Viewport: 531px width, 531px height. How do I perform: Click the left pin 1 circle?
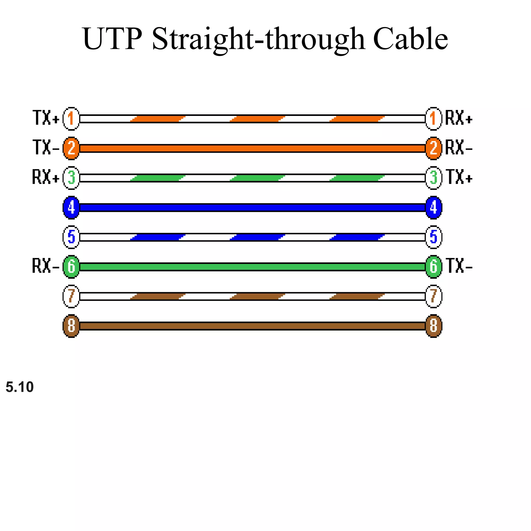(71, 119)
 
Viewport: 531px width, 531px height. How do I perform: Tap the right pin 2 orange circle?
(434, 148)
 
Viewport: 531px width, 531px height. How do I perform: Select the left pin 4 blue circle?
(71, 207)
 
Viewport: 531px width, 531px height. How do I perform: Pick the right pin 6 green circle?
(434, 267)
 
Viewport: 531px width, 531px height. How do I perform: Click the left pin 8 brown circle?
(71, 326)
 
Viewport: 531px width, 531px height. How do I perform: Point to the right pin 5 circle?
(434, 237)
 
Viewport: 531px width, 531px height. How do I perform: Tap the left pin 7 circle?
(71, 296)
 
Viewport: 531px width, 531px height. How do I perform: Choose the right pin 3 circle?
(434, 178)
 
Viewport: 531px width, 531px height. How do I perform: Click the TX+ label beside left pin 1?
(46, 118)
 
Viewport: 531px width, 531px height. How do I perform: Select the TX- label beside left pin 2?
(46, 148)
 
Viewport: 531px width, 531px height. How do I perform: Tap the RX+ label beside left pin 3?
(46, 177)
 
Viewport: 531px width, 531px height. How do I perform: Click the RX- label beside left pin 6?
(46, 266)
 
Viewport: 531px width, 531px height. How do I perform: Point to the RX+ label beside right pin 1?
(459, 118)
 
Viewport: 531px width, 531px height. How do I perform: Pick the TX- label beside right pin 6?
(459, 266)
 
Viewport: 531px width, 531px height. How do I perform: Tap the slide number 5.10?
(19, 387)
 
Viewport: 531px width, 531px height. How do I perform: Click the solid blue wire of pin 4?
(252, 207)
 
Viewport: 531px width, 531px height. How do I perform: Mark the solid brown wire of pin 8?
(252, 326)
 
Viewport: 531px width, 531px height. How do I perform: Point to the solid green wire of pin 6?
(252, 267)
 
